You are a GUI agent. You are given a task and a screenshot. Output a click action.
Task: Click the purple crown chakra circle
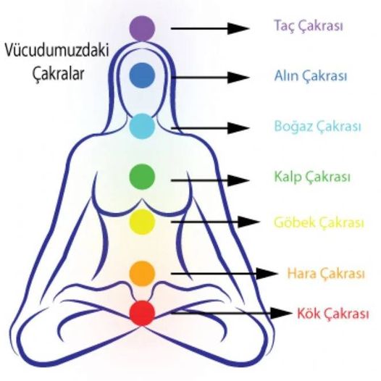(142, 28)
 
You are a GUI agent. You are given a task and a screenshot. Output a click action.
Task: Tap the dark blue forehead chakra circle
(142, 75)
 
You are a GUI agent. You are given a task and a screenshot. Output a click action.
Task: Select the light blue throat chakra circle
(142, 126)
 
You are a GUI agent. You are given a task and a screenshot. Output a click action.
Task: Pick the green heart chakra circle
(142, 177)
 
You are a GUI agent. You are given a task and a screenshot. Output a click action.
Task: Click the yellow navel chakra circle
(142, 222)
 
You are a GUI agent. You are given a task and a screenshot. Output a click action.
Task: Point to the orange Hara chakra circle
(142, 274)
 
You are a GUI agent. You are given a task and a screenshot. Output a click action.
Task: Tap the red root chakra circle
(142, 313)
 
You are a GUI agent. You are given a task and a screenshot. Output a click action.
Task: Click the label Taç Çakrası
(309, 26)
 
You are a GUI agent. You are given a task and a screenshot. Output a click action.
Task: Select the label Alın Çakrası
(311, 76)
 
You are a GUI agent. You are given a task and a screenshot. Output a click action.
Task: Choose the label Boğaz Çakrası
(317, 126)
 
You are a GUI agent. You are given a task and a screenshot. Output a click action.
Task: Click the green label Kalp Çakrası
(312, 177)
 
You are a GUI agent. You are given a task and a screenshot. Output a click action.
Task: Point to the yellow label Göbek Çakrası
(319, 222)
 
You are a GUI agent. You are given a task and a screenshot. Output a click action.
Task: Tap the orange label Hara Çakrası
(326, 273)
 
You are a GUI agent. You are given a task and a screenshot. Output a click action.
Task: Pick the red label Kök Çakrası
(333, 314)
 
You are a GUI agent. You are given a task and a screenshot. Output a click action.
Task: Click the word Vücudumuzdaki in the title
(56, 51)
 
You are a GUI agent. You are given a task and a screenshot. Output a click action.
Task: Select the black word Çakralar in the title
(59, 73)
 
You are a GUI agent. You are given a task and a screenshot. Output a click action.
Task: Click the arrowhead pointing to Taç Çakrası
(238, 28)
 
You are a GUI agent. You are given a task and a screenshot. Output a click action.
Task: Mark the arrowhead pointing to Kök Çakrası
(281, 313)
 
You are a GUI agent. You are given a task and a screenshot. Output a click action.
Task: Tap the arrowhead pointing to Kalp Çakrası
(238, 180)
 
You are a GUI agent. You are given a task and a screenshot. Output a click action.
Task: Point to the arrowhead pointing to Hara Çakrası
(267, 274)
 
